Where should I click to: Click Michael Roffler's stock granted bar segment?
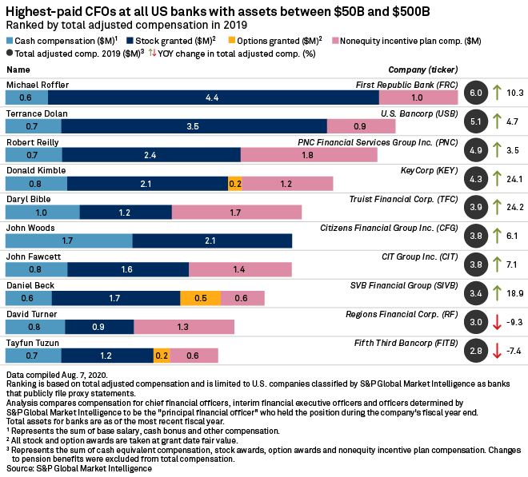tap(213, 97)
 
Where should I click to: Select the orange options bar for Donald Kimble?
tap(234, 184)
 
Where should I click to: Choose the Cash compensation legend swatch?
tap(10, 40)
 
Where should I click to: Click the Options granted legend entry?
tap(273, 40)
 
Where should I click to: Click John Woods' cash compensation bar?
tap(69, 240)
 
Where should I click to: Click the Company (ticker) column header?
tap(422, 70)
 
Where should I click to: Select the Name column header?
tap(18, 70)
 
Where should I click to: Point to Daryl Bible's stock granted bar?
tap(126, 213)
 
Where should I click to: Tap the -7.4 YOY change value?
tap(514, 352)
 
